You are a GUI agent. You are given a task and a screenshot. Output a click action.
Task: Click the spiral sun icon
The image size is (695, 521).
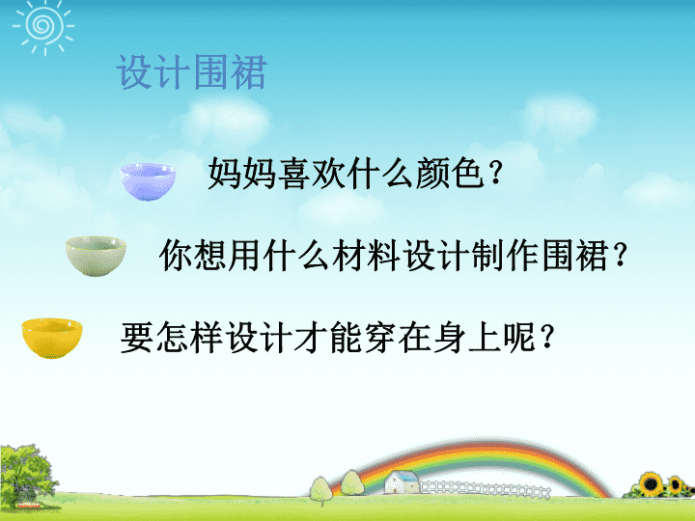[43, 25]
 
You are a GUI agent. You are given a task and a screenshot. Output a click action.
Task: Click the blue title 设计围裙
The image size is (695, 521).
[191, 72]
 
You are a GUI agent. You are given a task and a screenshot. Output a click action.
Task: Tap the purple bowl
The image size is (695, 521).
[148, 181]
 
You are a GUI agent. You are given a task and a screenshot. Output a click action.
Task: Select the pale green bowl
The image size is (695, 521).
[96, 256]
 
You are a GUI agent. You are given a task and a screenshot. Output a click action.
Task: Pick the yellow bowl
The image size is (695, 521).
[52, 338]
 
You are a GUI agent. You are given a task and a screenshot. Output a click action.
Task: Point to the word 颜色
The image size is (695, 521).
[449, 174]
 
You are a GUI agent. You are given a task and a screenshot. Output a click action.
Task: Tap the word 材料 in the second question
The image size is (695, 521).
[366, 255]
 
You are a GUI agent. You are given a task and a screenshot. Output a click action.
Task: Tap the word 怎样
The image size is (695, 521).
[189, 337]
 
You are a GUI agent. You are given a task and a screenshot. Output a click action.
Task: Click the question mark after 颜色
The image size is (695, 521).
[495, 174]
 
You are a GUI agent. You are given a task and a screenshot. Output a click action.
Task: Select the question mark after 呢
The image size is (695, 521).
[548, 338]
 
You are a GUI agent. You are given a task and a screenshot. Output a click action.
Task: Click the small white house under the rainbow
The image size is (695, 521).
[402, 482]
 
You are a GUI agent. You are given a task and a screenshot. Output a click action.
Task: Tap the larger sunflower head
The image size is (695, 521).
[651, 483]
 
